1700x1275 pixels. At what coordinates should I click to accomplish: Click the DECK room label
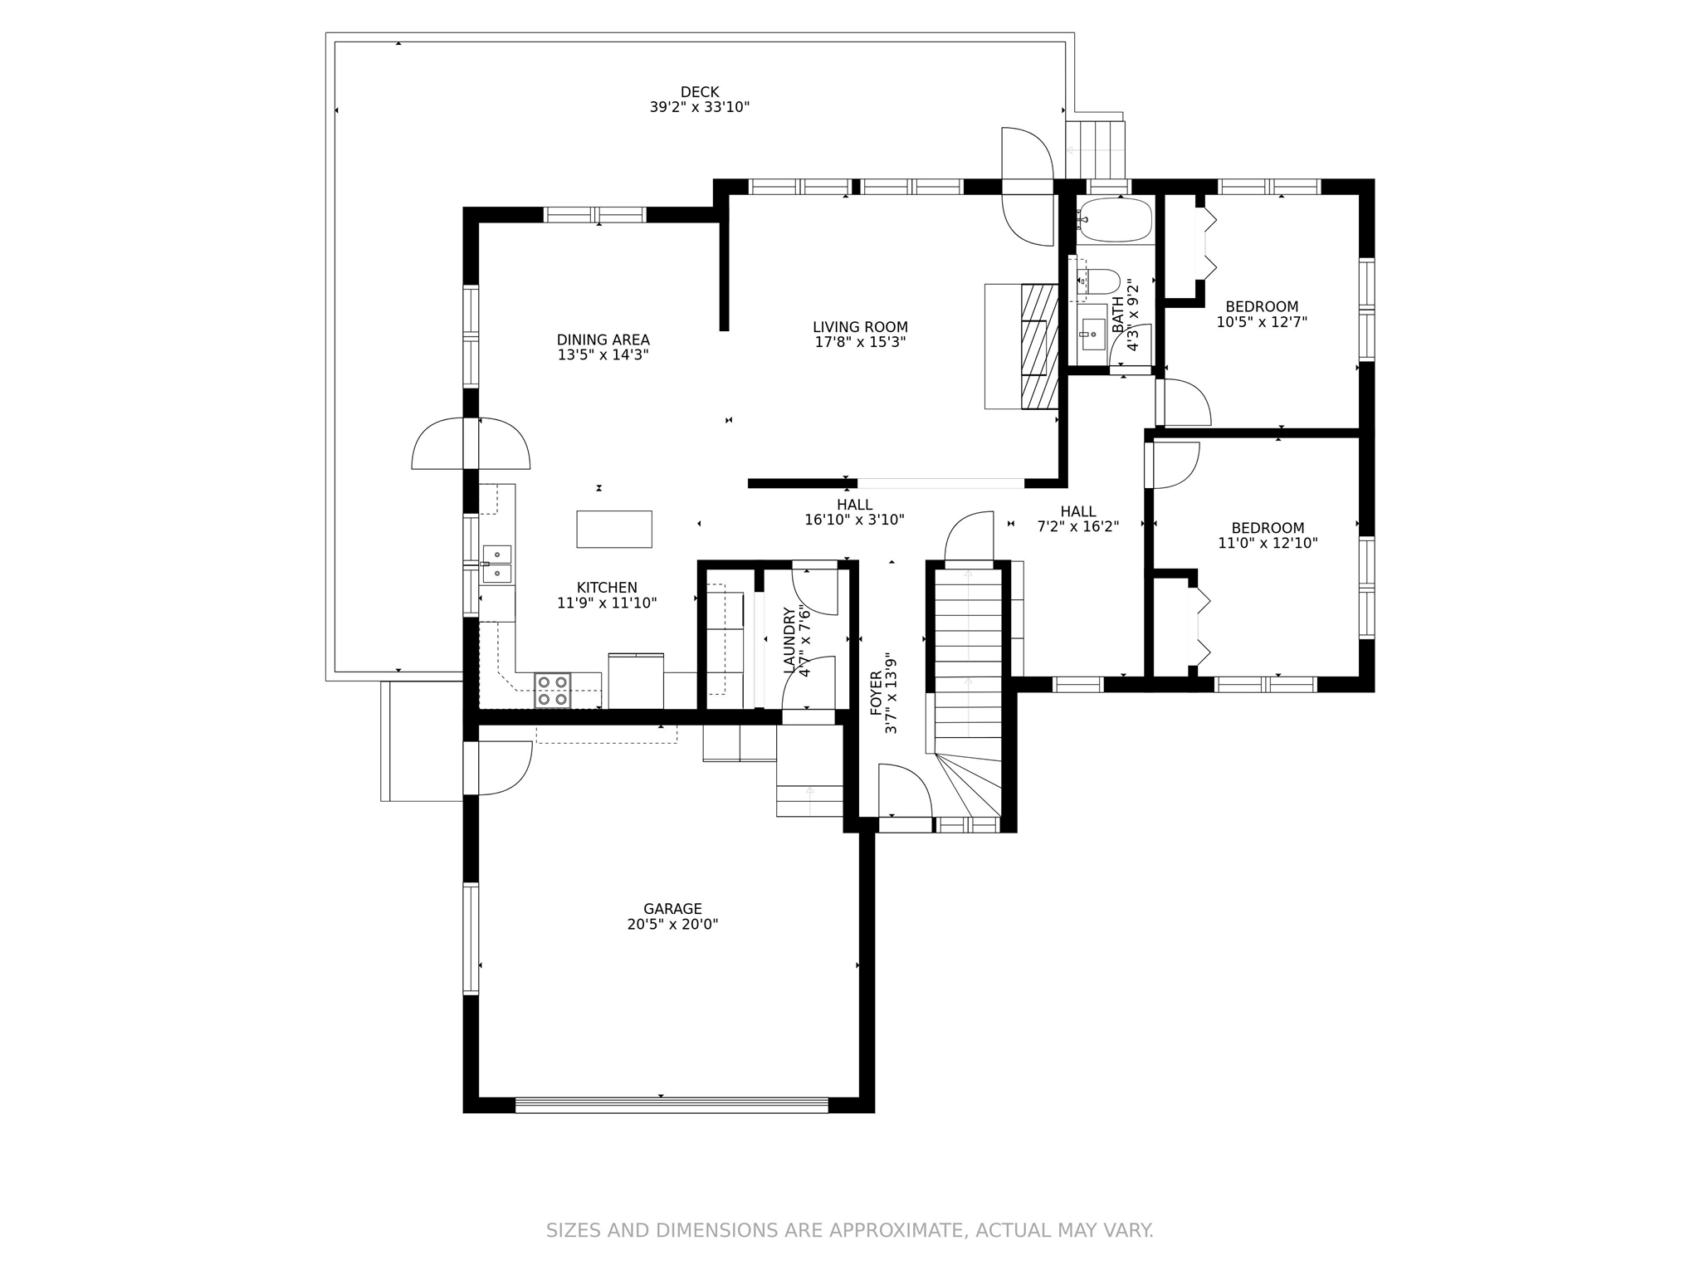[699, 92]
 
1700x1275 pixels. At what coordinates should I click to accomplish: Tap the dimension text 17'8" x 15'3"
[860, 342]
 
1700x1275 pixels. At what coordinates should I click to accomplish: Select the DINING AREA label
[603, 340]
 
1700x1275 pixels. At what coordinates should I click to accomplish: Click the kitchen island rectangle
[614, 529]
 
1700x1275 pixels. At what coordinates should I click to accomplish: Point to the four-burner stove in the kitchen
[553, 690]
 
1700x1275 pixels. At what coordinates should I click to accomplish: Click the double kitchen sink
[497, 564]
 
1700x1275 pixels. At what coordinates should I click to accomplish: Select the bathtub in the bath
[1115, 219]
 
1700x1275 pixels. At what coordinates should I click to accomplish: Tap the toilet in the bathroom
[1099, 281]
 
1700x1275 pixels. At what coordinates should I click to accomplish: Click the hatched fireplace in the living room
[1040, 346]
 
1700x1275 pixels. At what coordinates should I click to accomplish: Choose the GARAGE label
[672, 909]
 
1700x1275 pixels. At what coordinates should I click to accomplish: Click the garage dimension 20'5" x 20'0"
[672, 925]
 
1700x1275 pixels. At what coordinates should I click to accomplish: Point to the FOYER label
[876, 693]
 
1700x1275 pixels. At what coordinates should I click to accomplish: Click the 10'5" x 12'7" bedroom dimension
[1262, 322]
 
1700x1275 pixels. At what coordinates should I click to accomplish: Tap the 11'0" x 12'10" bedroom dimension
[1268, 544]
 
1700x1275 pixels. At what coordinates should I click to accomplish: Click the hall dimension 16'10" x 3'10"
[854, 520]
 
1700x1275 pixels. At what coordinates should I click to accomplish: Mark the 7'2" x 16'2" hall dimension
[1078, 526]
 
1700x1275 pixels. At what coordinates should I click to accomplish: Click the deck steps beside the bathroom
[1095, 149]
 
